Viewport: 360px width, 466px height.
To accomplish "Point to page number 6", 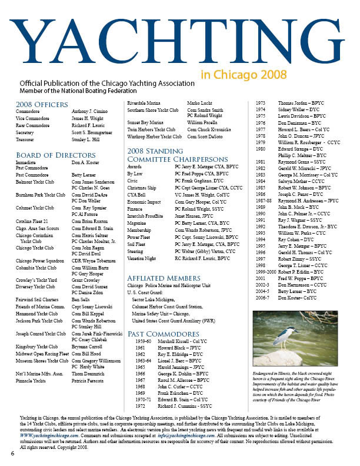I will tap(12, 454).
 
